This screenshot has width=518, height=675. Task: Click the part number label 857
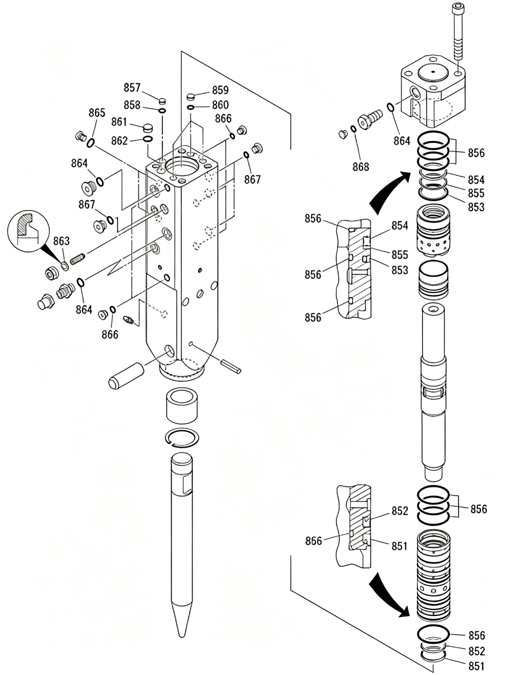132,88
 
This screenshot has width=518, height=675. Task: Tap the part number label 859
220,90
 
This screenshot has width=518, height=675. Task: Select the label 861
119,122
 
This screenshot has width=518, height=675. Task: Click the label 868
361,167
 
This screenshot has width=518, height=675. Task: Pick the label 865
97,113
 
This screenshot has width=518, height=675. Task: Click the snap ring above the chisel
182,437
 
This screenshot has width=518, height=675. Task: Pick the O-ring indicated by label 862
148,139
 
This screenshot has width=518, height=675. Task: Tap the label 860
220,105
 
